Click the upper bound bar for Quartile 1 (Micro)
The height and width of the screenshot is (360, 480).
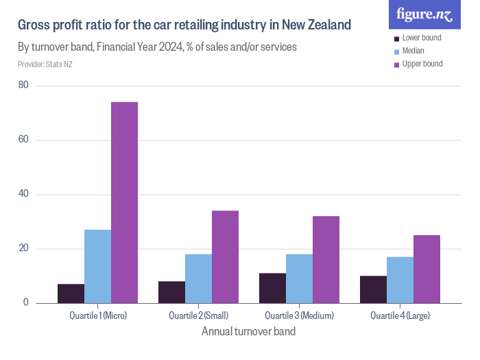(x=125, y=202)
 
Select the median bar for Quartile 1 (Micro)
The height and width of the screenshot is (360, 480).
(x=98, y=266)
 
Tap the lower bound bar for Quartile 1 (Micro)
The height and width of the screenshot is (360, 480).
(x=71, y=293)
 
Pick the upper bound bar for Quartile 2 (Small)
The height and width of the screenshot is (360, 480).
(x=226, y=256)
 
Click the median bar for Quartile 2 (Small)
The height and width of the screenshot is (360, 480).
(x=199, y=278)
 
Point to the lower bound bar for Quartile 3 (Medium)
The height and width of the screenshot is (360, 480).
(x=272, y=288)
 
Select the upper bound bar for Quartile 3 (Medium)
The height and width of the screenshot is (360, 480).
(x=326, y=259)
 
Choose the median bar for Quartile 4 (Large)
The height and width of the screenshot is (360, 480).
(x=400, y=280)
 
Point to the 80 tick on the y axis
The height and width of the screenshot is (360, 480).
(x=24, y=86)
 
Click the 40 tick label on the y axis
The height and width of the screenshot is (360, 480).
(x=24, y=194)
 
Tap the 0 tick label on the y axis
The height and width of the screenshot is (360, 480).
(x=26, y=302)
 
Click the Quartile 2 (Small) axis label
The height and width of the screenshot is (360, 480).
(x=199, y=316)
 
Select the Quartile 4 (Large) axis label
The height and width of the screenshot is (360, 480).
(x=400, y=316)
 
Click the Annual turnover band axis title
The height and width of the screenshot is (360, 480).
(x=249, y=332)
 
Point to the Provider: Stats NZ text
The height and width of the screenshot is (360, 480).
(x=45, y=64)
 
